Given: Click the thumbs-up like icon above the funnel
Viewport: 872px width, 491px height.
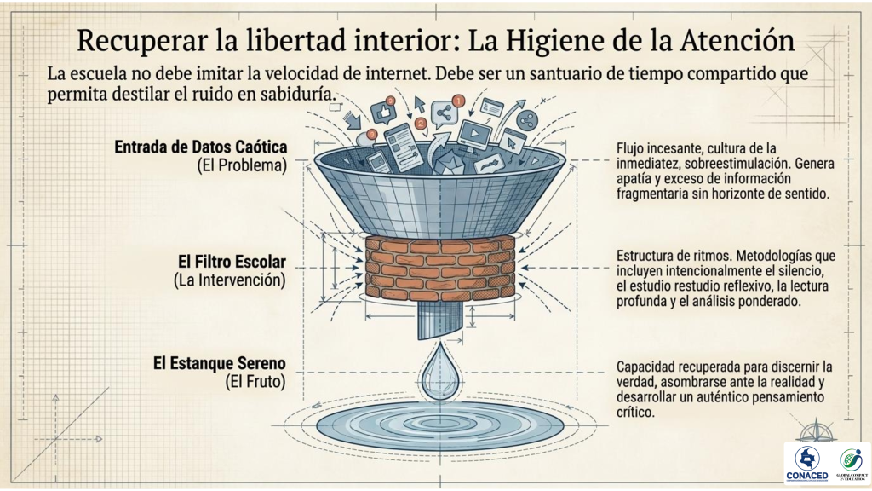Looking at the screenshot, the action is click(x=384, y=112).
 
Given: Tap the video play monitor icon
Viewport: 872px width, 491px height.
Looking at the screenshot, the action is click(x=474, y=134).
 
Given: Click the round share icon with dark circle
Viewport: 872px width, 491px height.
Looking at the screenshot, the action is click(x=526, y=119).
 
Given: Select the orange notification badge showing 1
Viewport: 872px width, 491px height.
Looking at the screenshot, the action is click(x=458, y=101).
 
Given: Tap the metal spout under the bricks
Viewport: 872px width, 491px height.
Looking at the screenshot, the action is click(x=439, y=321).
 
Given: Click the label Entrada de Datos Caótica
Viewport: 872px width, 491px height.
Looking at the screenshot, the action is click(x=201, y=147).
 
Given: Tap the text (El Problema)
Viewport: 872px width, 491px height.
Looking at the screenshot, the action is click(x=242, y=165).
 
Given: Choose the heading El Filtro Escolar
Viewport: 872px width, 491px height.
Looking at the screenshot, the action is click(x=232, y=262).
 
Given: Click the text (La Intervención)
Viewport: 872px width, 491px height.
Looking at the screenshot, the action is click(x=230, y=280).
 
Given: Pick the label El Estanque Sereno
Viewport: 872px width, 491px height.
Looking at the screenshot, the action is click(x=220, y=363).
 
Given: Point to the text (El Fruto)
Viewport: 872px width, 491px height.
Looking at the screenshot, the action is click(x=255, y=382).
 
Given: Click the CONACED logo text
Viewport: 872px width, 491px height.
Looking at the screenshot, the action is click(x=807, y=476).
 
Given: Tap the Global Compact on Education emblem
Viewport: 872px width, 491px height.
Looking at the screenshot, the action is click(x=852, y=461).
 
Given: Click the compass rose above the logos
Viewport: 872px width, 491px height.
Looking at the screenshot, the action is click(x=817, y=432).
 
